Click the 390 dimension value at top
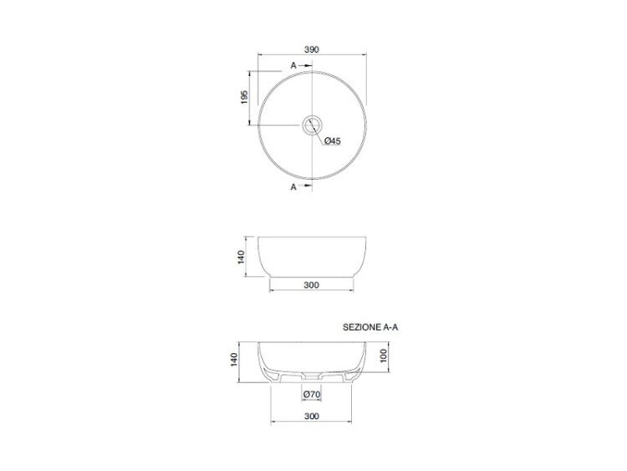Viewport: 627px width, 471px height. (x=312, y=49)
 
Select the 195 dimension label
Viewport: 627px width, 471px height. (x=245, y=97)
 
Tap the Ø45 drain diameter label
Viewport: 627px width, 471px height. (x=332, y=141)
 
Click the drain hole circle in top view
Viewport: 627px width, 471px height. (x=312, y=125)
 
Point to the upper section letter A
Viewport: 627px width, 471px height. (x=293, y=65)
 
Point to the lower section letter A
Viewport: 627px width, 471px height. (x=293, y=187)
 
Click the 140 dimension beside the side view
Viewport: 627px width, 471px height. (x=241, y=257)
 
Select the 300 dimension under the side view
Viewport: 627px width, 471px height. (x=312, y=285)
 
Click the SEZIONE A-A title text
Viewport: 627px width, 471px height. (x=370, y=327)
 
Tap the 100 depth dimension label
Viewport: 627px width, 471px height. (x=384, y=356)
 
